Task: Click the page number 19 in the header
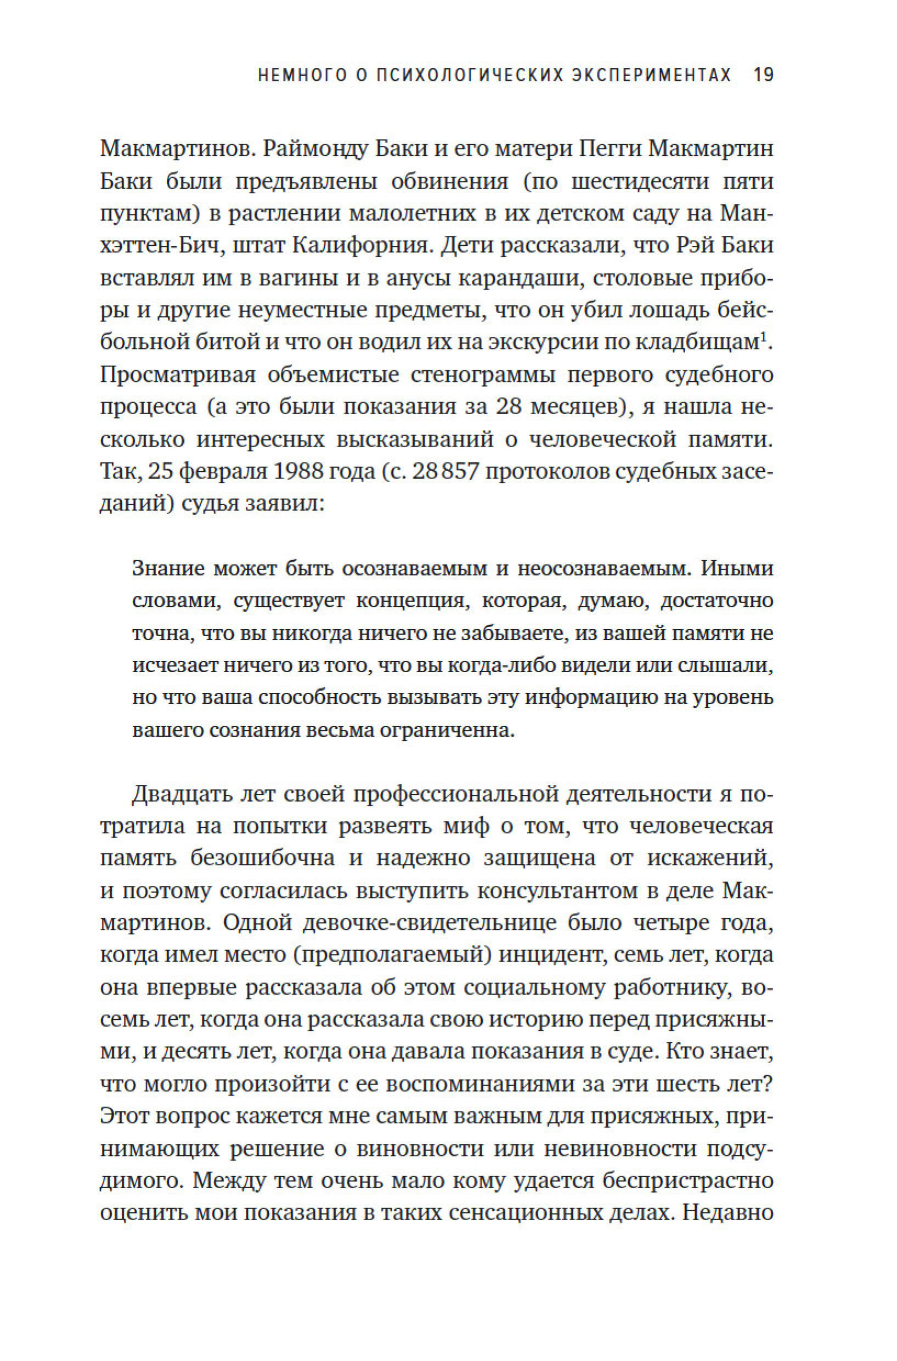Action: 764,76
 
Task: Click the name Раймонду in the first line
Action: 311,150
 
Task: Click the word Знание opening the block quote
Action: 168,568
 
